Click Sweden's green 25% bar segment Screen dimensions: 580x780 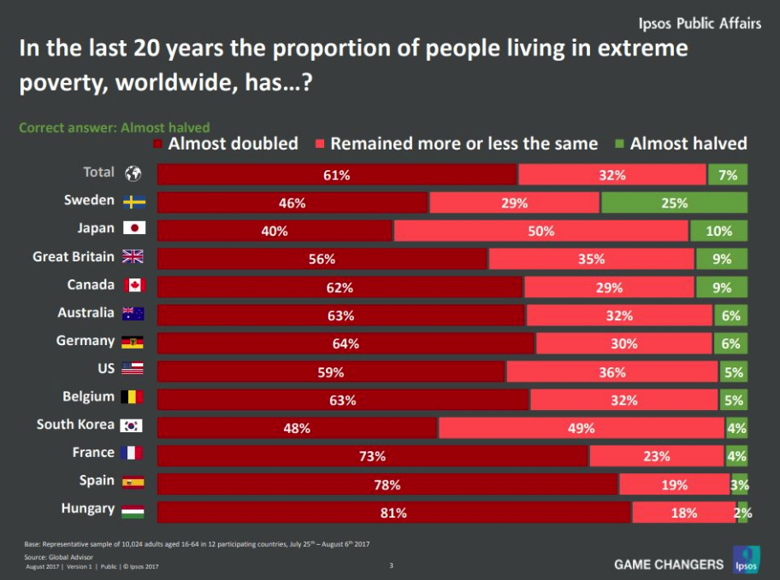click(674, 202)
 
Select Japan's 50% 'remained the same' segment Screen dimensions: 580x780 click(541, 231)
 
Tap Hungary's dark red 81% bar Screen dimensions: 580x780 click(393, 513)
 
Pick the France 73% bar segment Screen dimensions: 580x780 click(373, 456)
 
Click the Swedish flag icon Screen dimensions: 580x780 click(133, 202)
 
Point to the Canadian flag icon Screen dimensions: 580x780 click(133, 285)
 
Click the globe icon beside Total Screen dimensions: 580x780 click(133, 173)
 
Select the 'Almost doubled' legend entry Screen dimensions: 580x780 click(226, 144)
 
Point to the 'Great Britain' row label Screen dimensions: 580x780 click(74, 256)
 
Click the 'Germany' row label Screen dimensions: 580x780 click(86, 341)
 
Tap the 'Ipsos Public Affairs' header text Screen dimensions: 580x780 click(700, 23)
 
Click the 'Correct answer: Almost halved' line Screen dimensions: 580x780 click(115, 127)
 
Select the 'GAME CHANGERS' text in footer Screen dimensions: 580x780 click(669, 564)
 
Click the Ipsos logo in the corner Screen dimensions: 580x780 click(742, 559)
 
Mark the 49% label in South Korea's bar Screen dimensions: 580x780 click(581, 428)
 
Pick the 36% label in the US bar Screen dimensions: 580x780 click(612, 372)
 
